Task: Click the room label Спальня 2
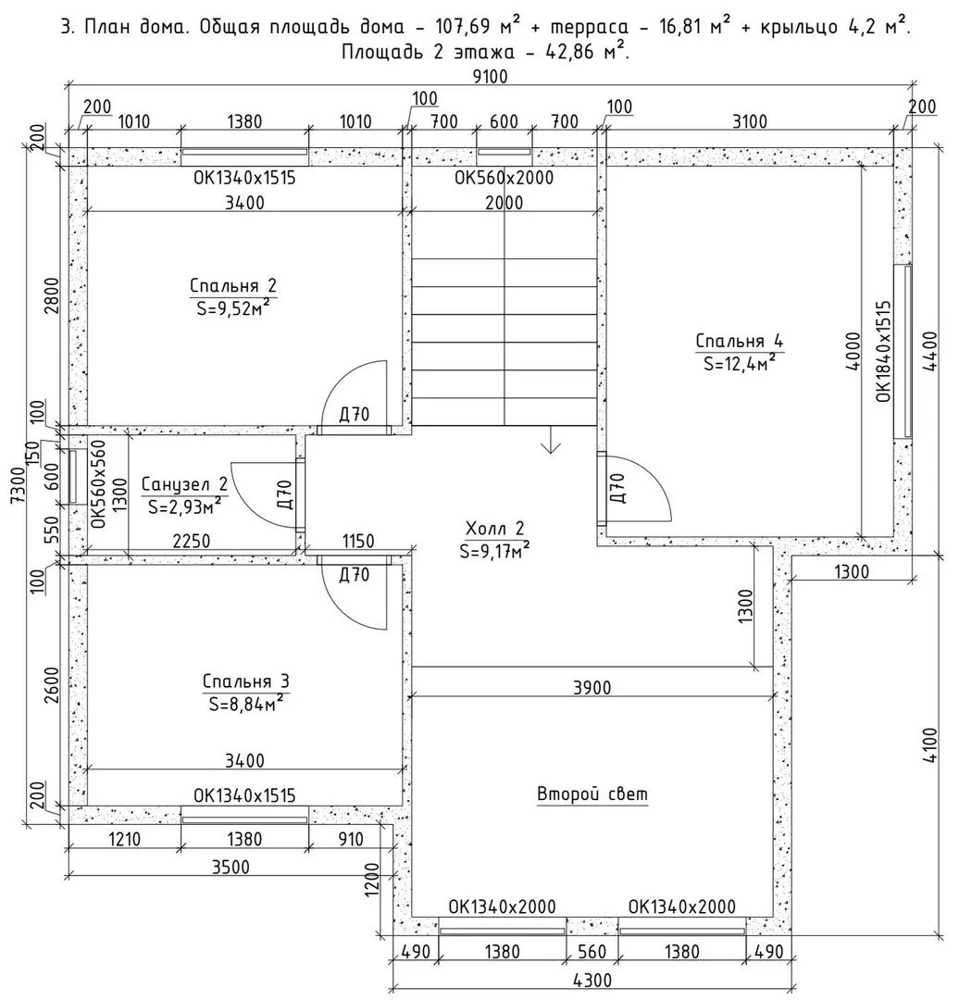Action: [233, 286]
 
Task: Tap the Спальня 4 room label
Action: [740, 341]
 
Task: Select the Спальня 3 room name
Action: [246, 681]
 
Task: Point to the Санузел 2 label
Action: [184, 484]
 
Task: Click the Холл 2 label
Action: [495, 528]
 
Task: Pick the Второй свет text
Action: [592, 794]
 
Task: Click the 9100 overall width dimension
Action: [491, 77]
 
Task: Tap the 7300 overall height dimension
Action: [17, 484]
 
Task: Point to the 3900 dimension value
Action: [592, 687]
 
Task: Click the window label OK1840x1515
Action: [883, 352]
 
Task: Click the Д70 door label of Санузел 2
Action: [285, 494]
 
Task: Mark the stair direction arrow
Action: [550, 440]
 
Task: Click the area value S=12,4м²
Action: [740, 362]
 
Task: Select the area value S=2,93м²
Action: [185, 506]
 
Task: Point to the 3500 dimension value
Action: [230, 868]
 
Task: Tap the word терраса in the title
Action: [589, 28]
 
